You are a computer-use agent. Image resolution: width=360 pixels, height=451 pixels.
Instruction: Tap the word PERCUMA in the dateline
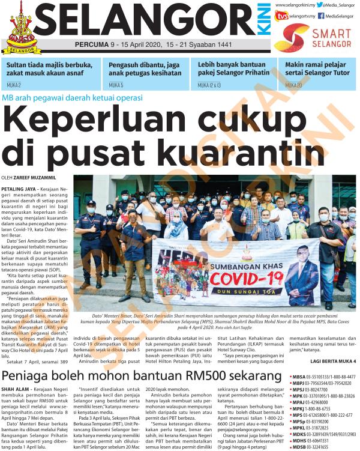pyautogui.click(x=92, y=45)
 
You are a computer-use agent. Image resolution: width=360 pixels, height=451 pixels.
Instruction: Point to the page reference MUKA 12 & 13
pyautogui.click(x=209, y=85)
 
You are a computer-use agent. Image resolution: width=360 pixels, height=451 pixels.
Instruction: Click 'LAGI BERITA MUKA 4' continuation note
pyautogui.click(x=332, y=361)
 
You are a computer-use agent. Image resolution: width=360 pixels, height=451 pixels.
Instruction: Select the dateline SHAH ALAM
pyautogui.click(x=14, y=389)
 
